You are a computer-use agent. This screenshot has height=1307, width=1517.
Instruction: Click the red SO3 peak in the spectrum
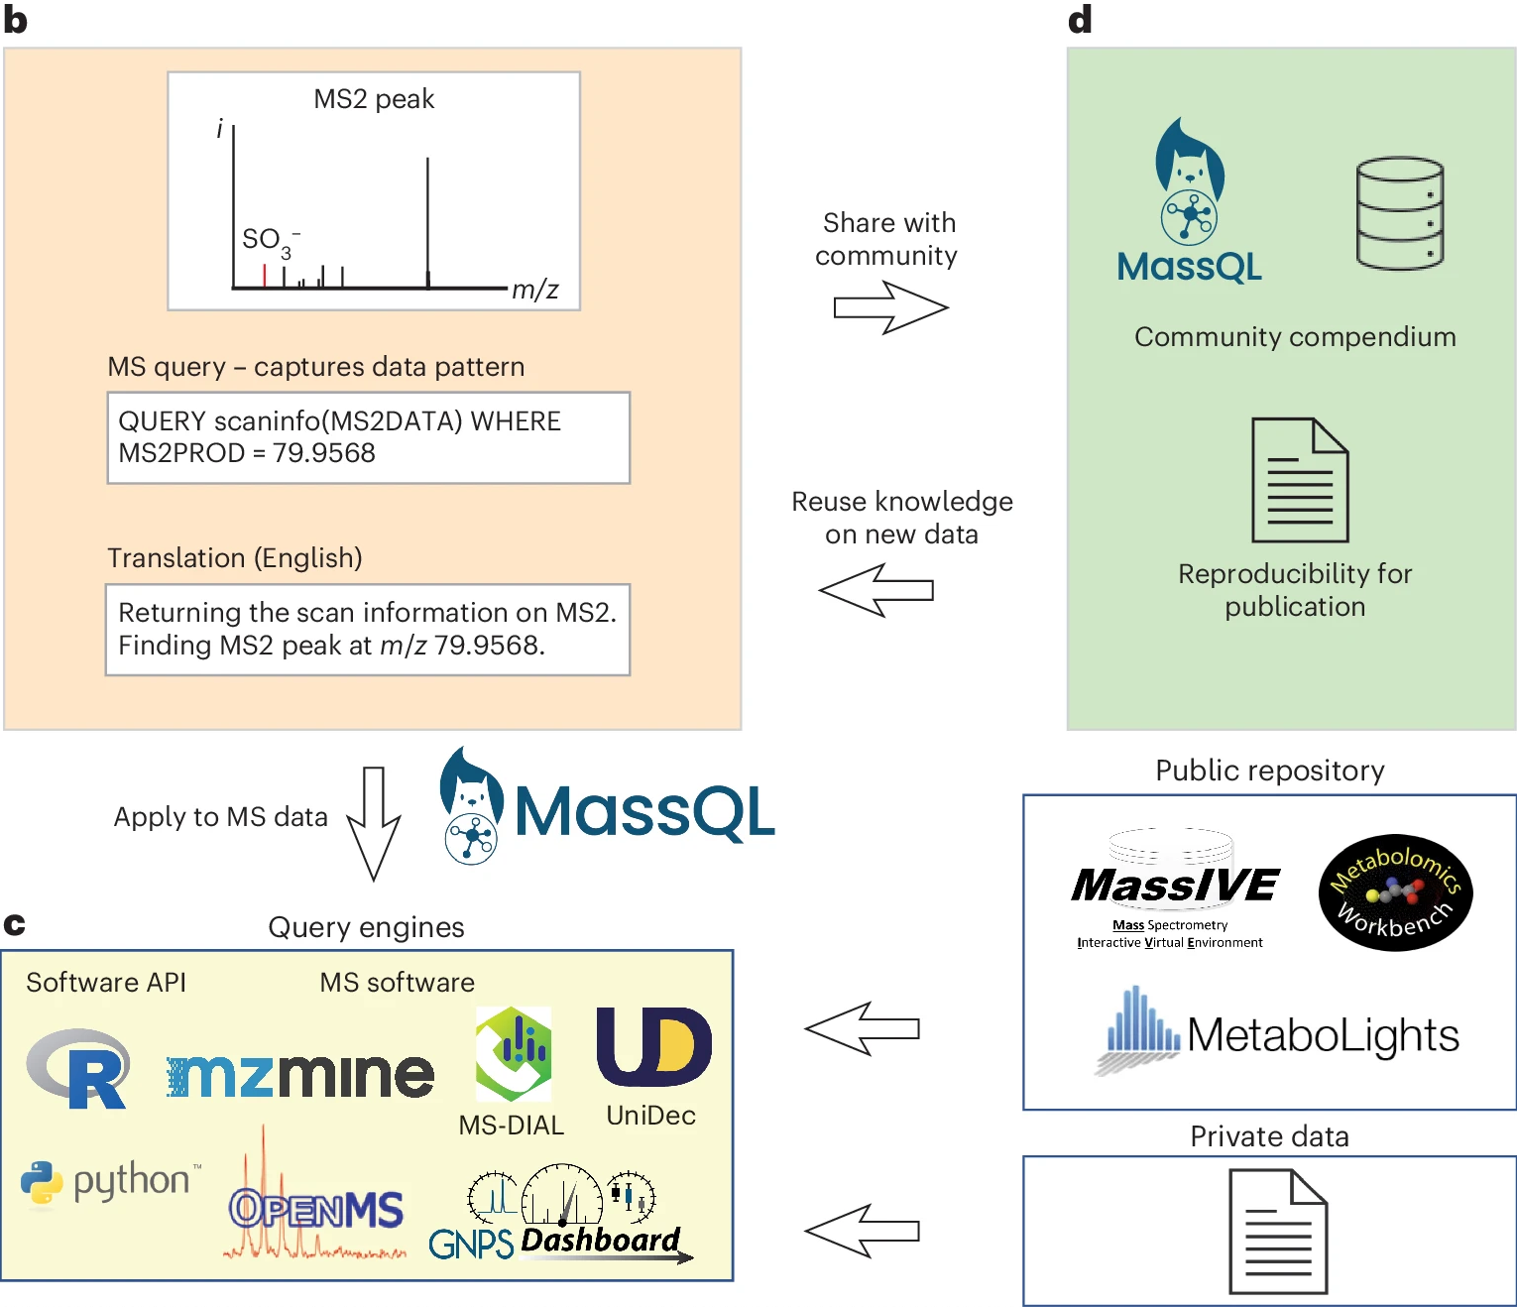[265, 276]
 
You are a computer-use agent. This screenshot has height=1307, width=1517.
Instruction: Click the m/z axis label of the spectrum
[534, 290]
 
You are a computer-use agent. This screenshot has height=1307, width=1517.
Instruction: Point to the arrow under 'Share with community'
[890, 307]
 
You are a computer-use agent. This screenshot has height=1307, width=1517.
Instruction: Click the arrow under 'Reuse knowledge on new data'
[876, 590]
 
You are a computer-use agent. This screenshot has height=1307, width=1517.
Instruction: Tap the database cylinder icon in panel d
[1399, 213]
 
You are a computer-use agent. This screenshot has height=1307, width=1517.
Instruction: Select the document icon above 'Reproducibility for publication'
[1299, 480]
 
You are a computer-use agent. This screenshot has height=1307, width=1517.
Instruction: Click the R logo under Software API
[79, 1068]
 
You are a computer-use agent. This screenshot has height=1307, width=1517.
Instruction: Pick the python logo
[110, 1181]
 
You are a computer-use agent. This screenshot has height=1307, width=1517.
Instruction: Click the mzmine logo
[300, 1076]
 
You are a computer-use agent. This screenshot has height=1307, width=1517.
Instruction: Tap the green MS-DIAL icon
[513, 1053]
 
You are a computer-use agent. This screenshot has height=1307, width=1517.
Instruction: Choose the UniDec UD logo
[652, 1046]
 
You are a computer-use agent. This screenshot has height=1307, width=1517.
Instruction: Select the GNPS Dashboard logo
[560, 1220]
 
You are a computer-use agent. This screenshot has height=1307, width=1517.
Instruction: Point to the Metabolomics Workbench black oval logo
[1395, 892]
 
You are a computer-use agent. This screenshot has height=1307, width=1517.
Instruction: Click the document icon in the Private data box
[1278, 1231]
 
